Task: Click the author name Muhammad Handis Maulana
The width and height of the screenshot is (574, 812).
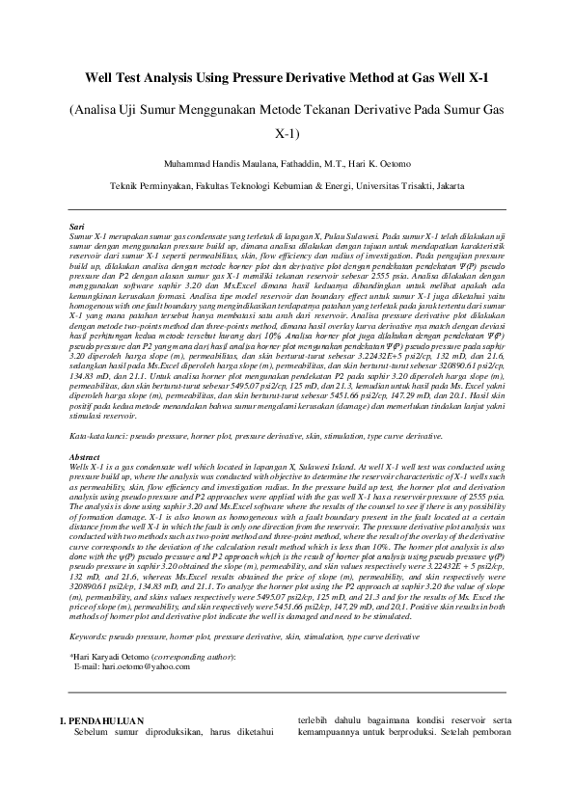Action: (214, 162)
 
